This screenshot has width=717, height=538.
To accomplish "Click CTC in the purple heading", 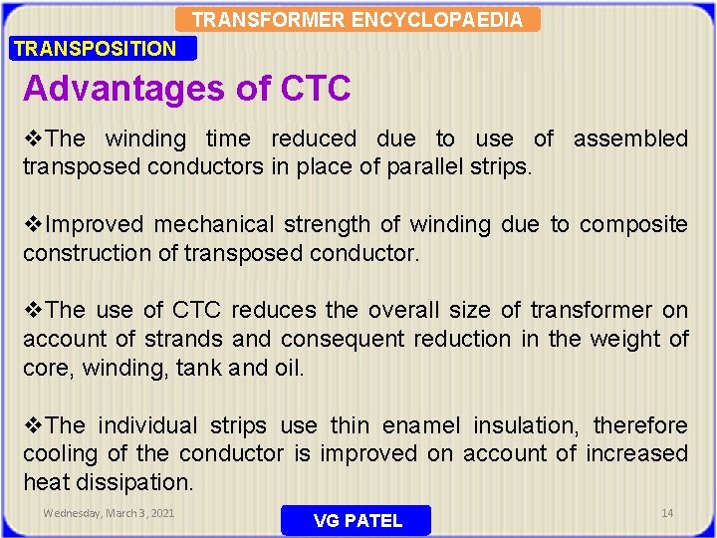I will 316,89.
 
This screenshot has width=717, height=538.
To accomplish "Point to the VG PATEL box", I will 358,520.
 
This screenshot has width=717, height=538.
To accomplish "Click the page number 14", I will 667,512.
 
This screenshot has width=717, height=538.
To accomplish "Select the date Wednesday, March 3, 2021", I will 109,513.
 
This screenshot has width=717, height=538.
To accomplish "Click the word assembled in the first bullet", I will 630,138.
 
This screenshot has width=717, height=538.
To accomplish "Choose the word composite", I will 633,225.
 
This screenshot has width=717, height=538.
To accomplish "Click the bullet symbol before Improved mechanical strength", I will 34,225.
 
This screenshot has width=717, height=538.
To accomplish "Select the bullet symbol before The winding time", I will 34,138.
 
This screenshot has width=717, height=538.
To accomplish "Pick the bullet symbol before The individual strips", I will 34,425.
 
